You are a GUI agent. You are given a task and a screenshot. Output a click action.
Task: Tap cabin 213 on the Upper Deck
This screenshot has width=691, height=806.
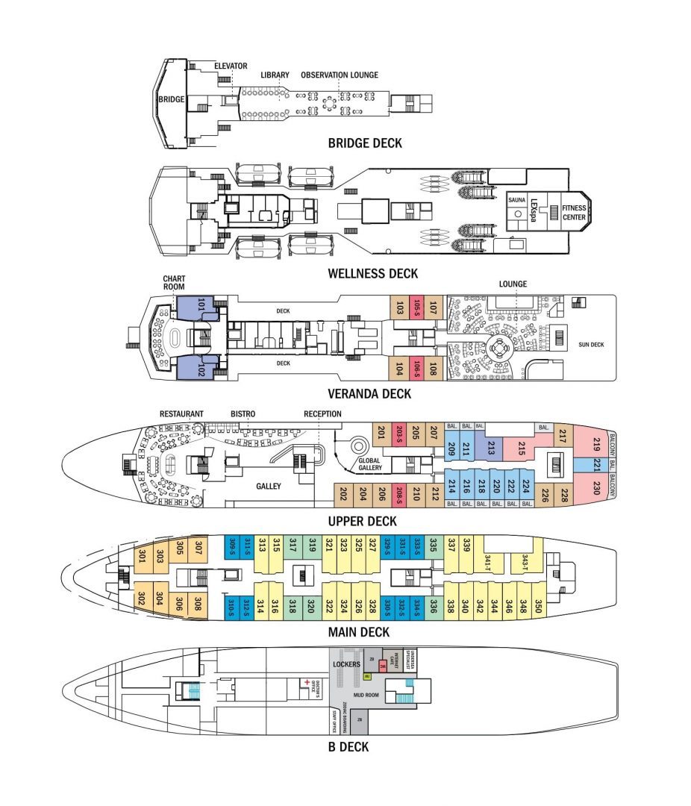492,447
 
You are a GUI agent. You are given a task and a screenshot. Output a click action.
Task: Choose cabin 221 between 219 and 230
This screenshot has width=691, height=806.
596,465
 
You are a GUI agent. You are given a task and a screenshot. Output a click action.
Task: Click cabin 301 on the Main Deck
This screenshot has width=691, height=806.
142,556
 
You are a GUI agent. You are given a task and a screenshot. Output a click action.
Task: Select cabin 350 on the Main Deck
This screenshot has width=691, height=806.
537,605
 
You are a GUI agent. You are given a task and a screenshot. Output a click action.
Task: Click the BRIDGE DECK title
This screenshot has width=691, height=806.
365,143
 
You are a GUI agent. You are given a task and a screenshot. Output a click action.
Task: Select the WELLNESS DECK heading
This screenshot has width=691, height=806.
372,273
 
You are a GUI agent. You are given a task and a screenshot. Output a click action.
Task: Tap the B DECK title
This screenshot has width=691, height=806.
345,746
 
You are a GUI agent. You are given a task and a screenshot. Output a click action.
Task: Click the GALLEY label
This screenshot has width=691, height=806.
269,487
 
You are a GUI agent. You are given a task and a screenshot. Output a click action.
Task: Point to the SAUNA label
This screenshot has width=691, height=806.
516,200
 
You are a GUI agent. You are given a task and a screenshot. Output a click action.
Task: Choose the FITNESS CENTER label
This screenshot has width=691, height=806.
574,212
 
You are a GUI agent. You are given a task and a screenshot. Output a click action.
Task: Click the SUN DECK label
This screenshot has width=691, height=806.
590,346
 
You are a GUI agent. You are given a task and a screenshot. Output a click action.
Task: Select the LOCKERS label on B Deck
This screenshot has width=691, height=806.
347,664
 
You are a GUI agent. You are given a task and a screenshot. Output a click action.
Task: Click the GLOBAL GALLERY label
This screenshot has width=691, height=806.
369,464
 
